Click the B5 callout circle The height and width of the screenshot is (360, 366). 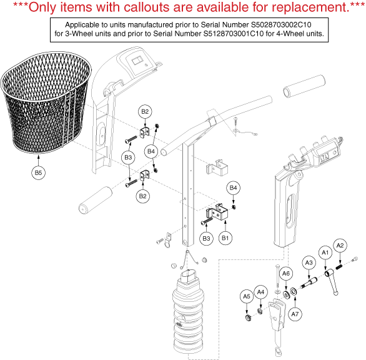38,173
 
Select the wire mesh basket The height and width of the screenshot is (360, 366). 46,102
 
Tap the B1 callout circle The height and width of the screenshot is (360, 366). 225,238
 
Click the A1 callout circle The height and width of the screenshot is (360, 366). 325,252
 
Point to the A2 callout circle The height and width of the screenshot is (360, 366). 340,246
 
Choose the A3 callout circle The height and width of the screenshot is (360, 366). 309,263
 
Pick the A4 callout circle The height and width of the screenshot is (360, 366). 260,292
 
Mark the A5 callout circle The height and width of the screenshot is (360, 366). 247,297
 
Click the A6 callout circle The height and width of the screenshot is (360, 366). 286,274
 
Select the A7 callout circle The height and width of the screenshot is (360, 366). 295,314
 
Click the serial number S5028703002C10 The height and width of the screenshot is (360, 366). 281,25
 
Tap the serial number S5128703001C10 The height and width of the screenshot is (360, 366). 234,34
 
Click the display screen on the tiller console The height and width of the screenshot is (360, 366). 137,62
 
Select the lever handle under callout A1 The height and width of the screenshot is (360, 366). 332,281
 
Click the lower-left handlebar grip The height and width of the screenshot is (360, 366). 95,200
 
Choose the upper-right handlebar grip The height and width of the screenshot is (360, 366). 304,86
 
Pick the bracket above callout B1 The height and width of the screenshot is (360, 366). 217,212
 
